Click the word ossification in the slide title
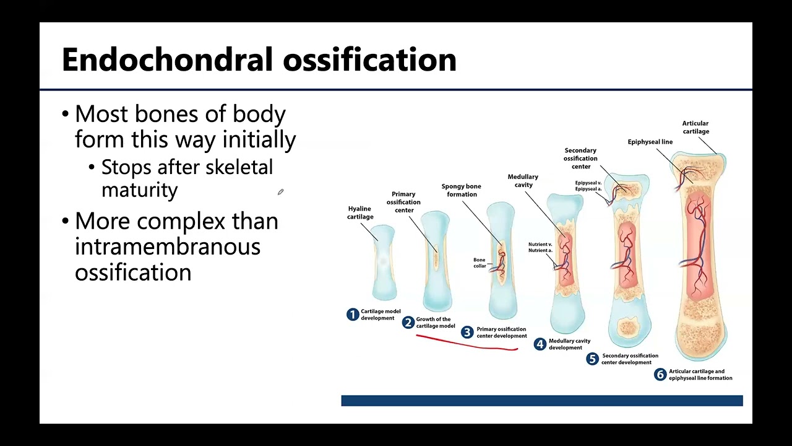coord(369,61)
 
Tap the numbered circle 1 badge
coord(353,315)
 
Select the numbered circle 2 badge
coord(408,323)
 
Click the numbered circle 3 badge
coord(468,333)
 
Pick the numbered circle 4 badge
coord(540,344)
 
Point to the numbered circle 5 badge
coord(593,359)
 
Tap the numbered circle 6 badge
coord(660,375)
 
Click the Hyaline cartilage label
coord(360,212)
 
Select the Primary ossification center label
coord(403,202)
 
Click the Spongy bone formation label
coord(461,190)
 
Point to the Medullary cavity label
coord(523,181)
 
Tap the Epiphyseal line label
coord(650,142)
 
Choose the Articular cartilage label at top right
coord(695,127)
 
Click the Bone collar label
coord(480,263)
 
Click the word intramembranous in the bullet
coord(167,247)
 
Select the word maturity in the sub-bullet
coord(139,190)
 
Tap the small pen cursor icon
coord(280,193)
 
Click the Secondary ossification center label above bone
coord(580,158)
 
